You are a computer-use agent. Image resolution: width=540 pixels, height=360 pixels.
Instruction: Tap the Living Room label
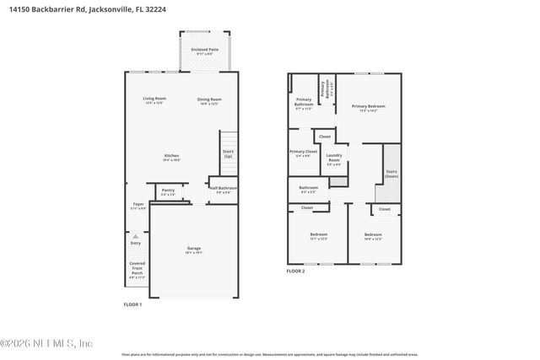(x=154, y=99)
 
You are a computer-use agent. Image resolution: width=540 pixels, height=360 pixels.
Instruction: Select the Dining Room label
(x=208, y=99)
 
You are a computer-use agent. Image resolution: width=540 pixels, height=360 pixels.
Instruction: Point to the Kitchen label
(x=171, y=156)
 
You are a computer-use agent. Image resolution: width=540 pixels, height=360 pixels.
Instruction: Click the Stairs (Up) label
(x=228, y=154)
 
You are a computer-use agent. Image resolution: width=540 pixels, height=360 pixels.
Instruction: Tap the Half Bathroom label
(x=225, y=189)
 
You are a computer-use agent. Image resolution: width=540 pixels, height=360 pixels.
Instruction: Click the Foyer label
(x=138, y=205)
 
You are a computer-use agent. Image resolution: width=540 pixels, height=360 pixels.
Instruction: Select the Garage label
(x=194, y=250)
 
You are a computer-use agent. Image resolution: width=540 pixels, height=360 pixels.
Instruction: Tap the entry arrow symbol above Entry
(x=136, y=237)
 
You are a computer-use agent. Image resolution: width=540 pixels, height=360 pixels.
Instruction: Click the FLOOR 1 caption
(x=132, y=304)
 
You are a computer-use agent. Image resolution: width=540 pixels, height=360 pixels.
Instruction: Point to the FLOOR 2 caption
(x=295, y=271)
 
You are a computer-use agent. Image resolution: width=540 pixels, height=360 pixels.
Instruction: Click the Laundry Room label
(x=333, y=158)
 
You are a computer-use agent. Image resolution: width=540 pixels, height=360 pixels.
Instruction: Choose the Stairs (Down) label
(x=391, y=173)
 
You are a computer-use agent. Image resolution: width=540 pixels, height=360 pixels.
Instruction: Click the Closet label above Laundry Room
(x=325, y=136)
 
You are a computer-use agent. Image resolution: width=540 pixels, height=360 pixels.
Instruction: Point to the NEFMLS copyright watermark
(x=47, y=343)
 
